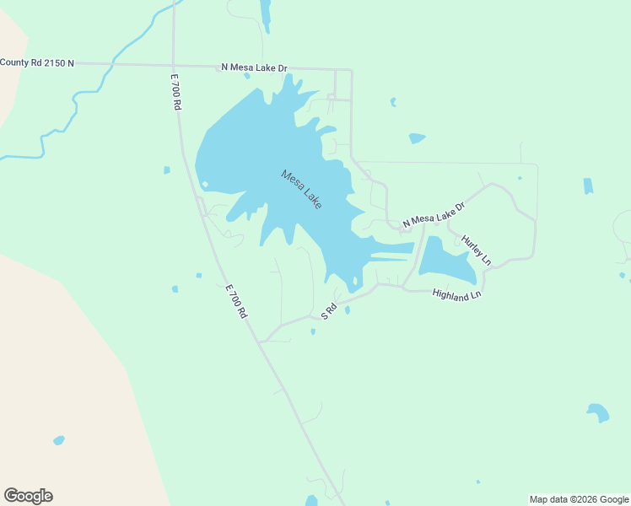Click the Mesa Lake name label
[x=301, y=190]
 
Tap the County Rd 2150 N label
[x=37, y=62]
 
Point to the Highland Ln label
[x=456, y=295]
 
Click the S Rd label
[x=329, y=311]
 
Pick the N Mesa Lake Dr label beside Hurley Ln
[x=434, y=215]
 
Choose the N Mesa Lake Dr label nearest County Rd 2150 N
[x=254, y=67]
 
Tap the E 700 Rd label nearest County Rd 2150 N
[x=175, y=92]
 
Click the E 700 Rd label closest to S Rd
[x=236, y=300]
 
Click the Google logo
[x=28, y=496]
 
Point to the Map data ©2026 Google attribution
[x=580, y=499]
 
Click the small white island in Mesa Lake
[x=205, y=184]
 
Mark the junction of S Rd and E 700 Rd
[x=261, y=342]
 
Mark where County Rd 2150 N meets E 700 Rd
[x=173, y=64]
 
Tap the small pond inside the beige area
[x=58, y=440]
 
